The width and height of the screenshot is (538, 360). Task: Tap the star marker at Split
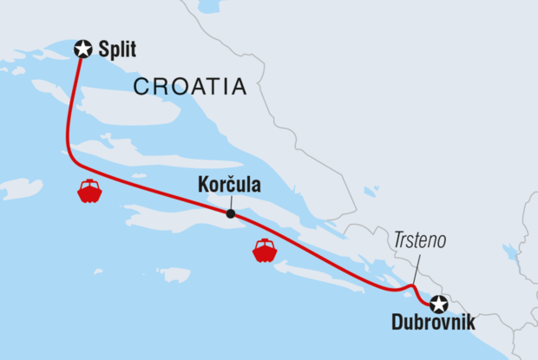(84, 49)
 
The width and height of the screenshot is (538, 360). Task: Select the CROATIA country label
(190, 87)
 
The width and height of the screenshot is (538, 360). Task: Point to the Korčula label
(229, 187)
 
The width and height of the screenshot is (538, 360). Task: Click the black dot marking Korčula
(230, 213)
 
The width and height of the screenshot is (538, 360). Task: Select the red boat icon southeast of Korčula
(265, 250)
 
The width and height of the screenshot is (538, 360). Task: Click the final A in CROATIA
(239, 87)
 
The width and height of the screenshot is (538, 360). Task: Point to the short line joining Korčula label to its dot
(230, 203)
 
